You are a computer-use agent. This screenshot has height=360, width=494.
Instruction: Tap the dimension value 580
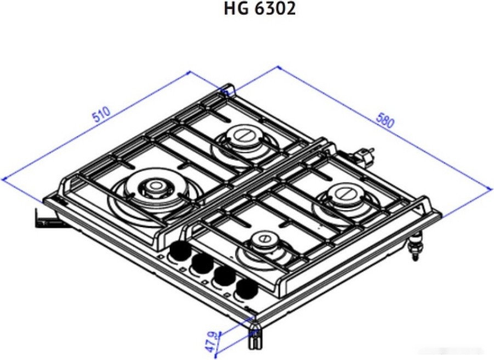point(384,121)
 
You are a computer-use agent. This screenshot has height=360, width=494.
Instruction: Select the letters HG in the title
point(235,9)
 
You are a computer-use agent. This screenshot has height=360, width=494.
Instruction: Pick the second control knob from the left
point(201,265)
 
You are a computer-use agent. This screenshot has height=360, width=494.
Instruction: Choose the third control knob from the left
point(223,276)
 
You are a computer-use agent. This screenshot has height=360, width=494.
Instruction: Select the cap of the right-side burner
point(344,194)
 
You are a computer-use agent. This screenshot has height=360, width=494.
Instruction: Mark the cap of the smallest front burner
point(264,239)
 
